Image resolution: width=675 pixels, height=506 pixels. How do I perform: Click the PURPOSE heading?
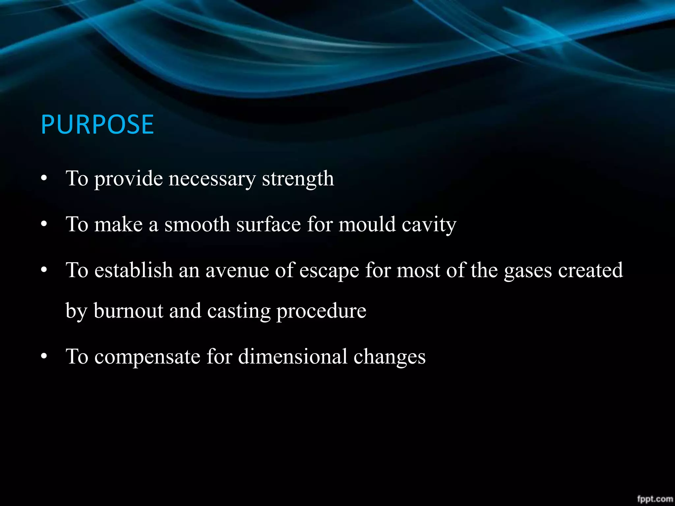coord(97,125)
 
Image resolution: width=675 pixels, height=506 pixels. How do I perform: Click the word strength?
coord(298,179)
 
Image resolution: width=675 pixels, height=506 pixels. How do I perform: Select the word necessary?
coord(212,179)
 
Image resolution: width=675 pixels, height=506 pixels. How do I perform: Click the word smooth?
coord(197,225)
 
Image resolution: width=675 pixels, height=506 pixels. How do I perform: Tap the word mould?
coord(367,225)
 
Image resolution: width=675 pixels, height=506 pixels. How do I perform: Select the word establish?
coord(133,270)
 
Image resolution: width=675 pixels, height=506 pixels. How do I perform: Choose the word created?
coord(590,270)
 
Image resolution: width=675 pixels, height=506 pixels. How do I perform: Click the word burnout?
coord(128,311)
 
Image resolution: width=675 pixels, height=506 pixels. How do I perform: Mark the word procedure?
coord(321,311)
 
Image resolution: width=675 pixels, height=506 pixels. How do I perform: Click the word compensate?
coord(147,357)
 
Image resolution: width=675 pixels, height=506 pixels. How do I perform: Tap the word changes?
coord(390,357)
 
